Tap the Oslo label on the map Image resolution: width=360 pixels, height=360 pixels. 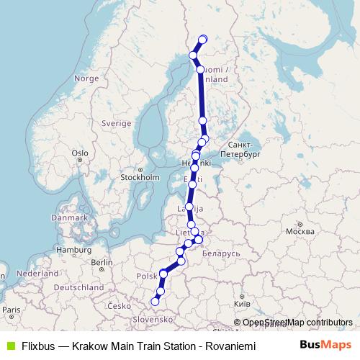coord(79,153)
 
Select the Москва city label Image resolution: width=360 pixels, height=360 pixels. coord(300,233)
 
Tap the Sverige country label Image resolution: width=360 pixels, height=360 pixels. coord(116,123)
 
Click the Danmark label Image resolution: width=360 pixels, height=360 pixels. coord(68,217)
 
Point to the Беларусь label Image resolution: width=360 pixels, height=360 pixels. coord(221,254)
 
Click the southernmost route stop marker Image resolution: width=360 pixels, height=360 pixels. coord(155,302)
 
